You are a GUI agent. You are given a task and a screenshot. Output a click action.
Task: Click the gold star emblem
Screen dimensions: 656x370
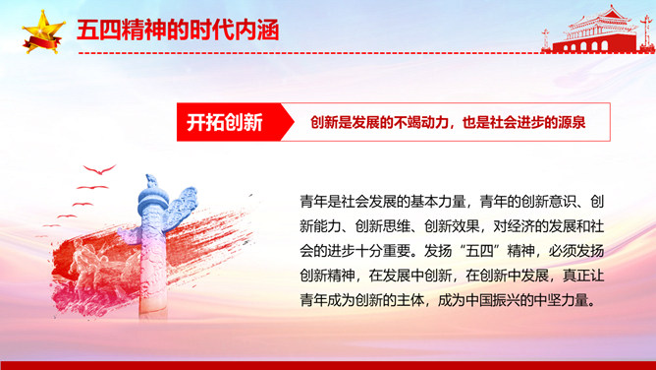[43, 31]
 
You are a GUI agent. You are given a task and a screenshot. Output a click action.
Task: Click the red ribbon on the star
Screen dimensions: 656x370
[42, 43]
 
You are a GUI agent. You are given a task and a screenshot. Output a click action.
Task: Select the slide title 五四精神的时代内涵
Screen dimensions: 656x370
[178, 31]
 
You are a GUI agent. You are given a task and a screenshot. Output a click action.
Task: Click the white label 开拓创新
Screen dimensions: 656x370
[225, 122]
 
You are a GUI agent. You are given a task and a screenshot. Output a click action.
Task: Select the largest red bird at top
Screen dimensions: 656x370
[99, 169]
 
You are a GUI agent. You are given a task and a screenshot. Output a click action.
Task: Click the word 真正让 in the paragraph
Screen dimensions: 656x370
[583, 276]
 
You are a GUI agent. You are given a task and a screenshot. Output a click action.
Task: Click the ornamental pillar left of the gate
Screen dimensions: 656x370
[546, 39]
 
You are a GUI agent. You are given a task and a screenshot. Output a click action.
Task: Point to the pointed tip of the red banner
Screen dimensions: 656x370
[295, 122]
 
